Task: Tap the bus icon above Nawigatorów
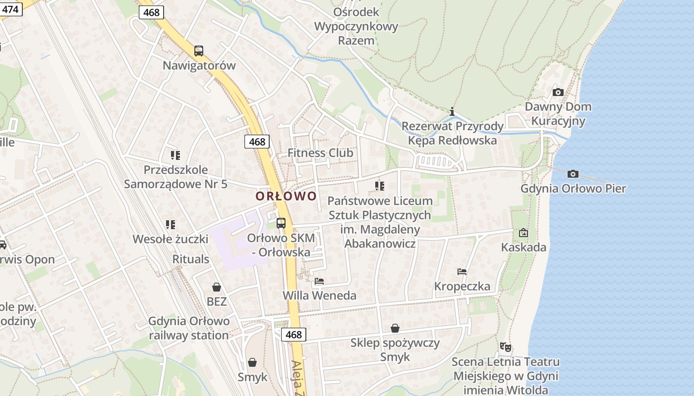pos(199,50)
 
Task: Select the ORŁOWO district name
pos(286,196)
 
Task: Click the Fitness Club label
pos(320,153)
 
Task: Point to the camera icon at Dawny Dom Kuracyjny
pos(558,92)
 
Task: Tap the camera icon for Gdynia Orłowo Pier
pos(573,174)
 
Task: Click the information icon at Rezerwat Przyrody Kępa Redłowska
pos(452,111)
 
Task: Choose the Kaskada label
pos(524,247)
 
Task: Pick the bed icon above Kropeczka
pos(462,271)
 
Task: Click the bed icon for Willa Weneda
pos(319,281)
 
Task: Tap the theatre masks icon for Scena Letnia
pos(506,347)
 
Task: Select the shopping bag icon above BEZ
pos(217,287)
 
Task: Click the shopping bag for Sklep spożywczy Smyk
pos(395,328)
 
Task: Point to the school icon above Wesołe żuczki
pos(171,225)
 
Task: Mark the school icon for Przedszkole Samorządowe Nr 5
pos(175,155)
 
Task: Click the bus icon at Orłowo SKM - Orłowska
pos(281,223)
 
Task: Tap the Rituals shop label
pos(191,259)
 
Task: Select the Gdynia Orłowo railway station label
pos(189,328)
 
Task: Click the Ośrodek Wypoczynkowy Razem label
pos(356,26)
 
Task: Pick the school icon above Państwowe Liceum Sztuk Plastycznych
pos(380,186)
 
